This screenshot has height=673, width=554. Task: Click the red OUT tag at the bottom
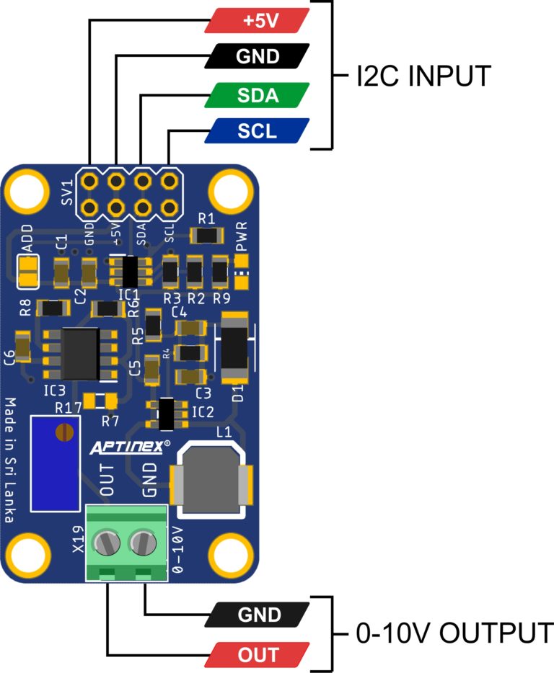258,654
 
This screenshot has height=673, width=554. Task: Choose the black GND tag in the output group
258,615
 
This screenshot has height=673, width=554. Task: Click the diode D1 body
234,349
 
